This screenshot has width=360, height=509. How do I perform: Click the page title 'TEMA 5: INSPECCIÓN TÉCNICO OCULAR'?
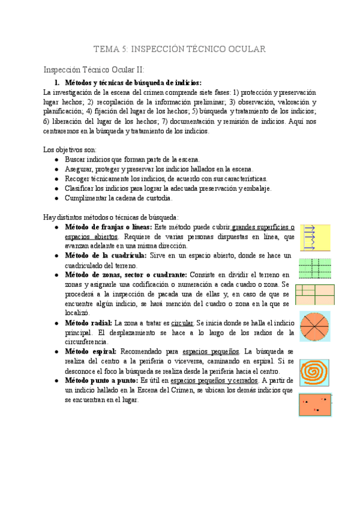[x=180, y=49]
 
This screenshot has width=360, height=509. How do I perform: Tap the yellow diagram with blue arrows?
[x=315, y=238]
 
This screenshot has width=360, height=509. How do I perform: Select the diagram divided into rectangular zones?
[x=315, y=295]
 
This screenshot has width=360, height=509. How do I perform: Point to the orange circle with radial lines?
[x=315, y=328]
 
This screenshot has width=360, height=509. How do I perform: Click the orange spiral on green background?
[x=315, y=372]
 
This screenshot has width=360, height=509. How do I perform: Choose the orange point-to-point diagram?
[x=315, y=405]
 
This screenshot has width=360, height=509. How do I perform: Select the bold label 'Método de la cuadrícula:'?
[x=101, y=256]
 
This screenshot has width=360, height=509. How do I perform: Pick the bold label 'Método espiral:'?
[x=90, y=351]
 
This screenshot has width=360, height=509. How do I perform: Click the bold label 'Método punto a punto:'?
[x=101, y=381]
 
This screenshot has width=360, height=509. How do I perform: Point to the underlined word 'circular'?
[x=183, y=323]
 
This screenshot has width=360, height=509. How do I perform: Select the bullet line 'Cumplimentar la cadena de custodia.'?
[x=118, y=197]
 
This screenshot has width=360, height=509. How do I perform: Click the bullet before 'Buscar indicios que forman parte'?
[x=56, y=160]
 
